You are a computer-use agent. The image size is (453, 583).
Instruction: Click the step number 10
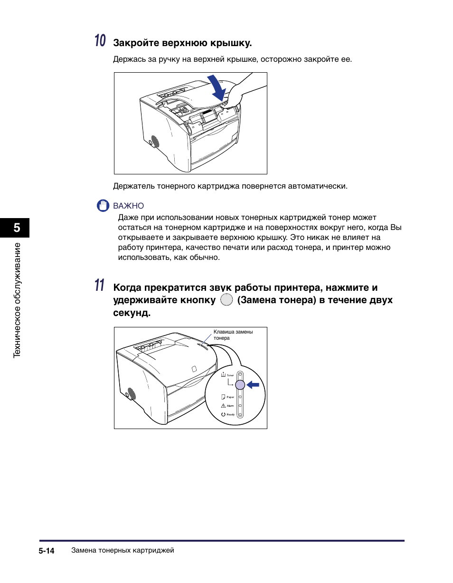click(x=100, y=41)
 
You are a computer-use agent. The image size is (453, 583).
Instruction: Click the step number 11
click(x=99, y=286)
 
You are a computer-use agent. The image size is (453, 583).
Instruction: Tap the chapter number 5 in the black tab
click(x=17, y=228)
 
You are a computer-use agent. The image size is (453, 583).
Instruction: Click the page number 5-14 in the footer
click(x=47, y=551)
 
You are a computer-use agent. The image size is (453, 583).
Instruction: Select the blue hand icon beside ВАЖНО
click(x=103, y=206)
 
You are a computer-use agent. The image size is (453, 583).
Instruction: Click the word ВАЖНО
click(x=128, y=206)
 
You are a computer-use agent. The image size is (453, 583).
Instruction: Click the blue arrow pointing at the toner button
click(x=253, y=385)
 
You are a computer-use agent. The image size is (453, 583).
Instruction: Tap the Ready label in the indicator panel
click(x=230, y=415)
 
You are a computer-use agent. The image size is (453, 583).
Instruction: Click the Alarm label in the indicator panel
click(x=230, y=406)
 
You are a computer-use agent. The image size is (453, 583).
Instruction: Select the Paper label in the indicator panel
click(x=230, y=397)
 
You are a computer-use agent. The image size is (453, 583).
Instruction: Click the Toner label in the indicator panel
click(x=230, y=375)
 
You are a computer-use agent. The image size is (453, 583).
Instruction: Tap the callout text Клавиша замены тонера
click(x=233, y=335)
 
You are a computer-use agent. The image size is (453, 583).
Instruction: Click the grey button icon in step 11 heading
click(x=227, y=300)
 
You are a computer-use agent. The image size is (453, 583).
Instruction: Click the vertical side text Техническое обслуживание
click(x=18, y=300)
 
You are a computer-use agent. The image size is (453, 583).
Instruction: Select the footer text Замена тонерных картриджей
click(x=123, y=551)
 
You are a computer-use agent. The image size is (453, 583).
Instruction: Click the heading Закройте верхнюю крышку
click(x=182, y=43)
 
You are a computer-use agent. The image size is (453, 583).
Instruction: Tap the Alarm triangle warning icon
click(x=223, y=406)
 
